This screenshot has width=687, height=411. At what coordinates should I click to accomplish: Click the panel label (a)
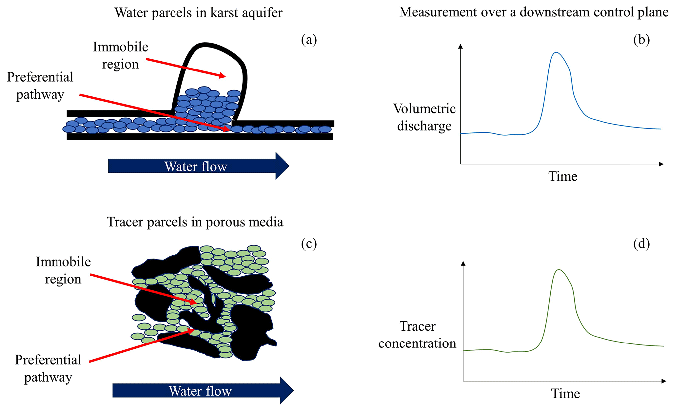point(309,40)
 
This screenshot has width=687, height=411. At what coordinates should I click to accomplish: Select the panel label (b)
point(641,40)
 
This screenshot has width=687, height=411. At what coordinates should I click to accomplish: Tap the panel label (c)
point(309,244)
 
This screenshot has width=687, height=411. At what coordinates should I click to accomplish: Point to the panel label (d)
point(641,244)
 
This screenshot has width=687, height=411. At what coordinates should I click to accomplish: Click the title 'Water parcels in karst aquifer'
point(198,13)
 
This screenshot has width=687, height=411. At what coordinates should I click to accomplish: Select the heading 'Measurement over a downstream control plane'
point(533,12)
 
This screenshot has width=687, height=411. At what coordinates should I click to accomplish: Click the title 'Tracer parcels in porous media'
point(195,222)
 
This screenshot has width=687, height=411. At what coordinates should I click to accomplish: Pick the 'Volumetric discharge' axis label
point(424,117)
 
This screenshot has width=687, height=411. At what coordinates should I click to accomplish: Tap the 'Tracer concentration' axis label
point(417,335)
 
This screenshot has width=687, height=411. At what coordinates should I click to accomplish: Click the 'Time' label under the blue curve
point(562,176)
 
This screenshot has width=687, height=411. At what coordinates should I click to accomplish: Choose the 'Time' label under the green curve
point(565,394)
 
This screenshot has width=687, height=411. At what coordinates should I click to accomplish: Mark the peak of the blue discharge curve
point(556,52)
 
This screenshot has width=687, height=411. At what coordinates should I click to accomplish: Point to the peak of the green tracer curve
point(559,270)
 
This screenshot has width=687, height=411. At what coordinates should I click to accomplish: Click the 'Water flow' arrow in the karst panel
point(198,166)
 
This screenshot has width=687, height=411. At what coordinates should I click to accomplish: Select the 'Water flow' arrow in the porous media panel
point(203,391)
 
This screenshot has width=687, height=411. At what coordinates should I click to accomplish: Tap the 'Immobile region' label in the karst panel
point(120,55)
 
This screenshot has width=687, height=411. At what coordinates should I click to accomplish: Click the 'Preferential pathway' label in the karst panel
point(40,86)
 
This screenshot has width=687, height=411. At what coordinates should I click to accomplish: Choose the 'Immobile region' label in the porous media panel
point(63,270)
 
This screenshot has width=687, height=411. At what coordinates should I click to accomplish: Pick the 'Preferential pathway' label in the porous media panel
point(48,368)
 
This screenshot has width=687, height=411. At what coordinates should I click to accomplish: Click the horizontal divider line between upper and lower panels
point(359,205)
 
